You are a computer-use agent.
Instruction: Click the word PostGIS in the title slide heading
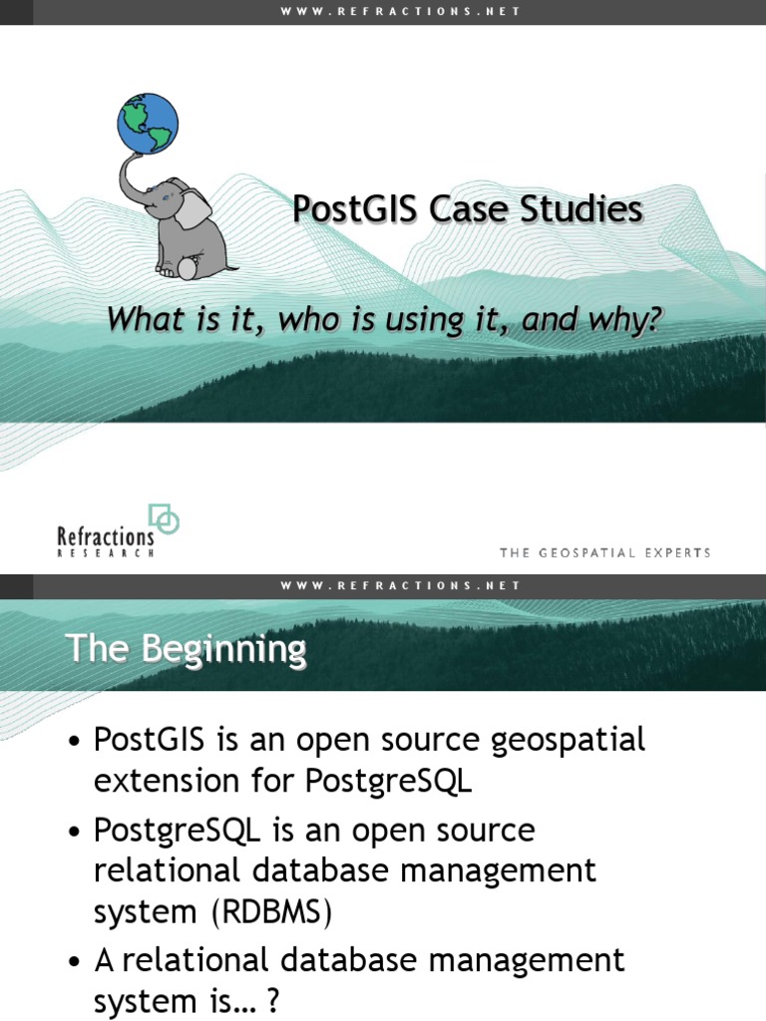pyautogui.click(x=356, y=210)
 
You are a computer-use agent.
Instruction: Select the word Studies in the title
pyautogui.click(x=586, y=210)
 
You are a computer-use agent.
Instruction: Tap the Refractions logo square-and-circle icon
pyautogui.click(x=164, y=518)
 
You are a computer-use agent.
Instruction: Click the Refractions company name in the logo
pyautogui.click(x=107, y=537)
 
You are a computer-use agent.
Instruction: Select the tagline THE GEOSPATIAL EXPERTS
pyautogui.click(x=604, y=552)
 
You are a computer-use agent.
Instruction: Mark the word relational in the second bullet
pyautogui.click(x=167, y=871)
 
